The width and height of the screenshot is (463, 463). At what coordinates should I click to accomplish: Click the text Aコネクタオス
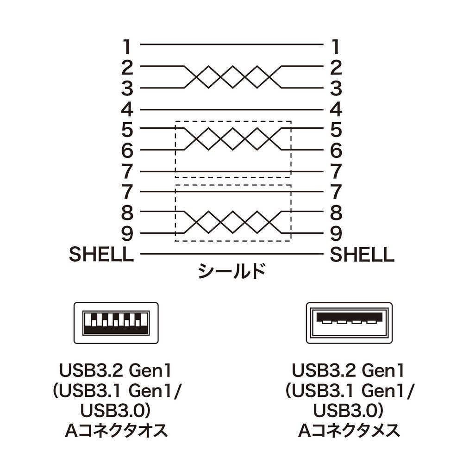(x=116, y=431)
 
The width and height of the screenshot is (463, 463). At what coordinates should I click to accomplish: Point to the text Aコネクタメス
(x=349, y=431)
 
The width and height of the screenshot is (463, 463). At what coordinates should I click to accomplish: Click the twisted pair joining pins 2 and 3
(x=231, y=77)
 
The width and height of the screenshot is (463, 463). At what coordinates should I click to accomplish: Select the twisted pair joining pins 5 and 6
(x=231, y=139)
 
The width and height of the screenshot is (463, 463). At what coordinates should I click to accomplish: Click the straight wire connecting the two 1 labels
(x=231, y=45)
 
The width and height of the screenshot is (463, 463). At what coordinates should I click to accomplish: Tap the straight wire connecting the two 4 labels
(x=231, y=110)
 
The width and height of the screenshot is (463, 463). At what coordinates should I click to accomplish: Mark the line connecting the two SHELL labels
(x=231, y=254)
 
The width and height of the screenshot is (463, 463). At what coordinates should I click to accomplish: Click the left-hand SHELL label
(x=101, y=254)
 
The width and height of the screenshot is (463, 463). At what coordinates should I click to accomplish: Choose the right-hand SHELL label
(x=362, y=254)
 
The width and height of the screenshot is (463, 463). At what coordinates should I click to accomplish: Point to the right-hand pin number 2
(x=337, y=68)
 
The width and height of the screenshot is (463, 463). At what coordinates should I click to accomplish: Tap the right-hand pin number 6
(x=337, y=150)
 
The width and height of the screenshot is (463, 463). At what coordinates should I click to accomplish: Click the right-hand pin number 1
(x=337, y=46)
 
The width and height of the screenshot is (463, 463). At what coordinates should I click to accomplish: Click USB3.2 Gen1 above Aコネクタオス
(x=116, y=371)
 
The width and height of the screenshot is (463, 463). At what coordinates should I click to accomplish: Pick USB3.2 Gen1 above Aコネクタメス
(x=349, y=371)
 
